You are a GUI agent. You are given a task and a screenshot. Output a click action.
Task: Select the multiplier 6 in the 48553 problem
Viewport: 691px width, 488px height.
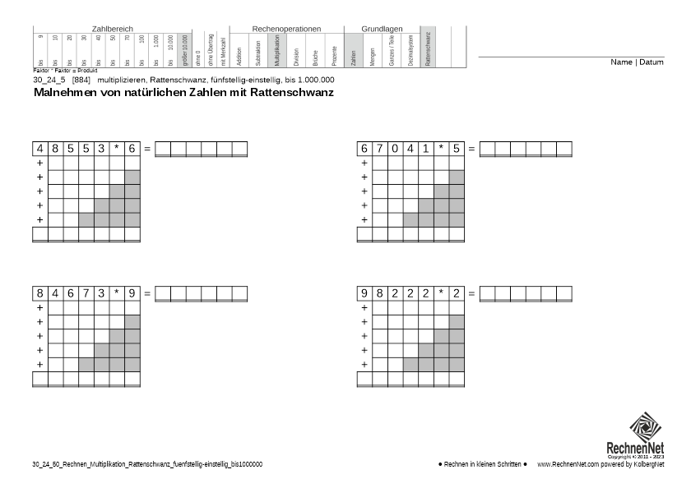(x=132, y=149)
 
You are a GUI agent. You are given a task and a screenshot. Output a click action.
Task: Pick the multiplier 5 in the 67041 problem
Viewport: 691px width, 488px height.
(x=456, y=149)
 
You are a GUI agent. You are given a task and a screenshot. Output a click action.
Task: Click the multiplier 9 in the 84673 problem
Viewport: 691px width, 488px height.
(x=132, y=293)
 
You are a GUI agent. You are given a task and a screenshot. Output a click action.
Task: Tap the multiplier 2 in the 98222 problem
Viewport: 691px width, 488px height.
(x=456, y=293)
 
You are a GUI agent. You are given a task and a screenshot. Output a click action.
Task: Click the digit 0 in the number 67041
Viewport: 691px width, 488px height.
(x=395, y=149)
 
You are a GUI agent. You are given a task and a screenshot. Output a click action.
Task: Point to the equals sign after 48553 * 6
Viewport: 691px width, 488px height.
(x=147, y=149)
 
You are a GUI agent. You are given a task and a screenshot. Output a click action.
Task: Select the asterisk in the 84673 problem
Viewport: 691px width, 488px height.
(x=117, y=293)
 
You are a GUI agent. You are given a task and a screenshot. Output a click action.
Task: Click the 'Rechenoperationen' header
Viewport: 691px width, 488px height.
(x=285, y=29)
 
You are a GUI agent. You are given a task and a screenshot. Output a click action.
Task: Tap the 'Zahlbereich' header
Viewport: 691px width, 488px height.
(x=112, y=29)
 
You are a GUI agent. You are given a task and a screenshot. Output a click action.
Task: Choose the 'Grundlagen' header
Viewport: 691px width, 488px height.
(x=382, y=29)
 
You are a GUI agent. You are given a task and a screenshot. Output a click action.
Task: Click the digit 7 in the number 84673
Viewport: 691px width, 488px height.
(x=86, y=293)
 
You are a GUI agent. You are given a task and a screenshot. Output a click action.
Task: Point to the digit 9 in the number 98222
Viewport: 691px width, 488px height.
(x=364, y=293)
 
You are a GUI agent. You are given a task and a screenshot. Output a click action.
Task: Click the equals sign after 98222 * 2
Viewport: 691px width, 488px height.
(x=471, y=293)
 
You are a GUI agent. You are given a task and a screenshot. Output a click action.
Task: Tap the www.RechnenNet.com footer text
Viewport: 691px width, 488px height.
(x=568, y=465)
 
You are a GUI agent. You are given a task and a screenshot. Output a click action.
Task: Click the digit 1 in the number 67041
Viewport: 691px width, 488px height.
(x=425, y=149)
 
